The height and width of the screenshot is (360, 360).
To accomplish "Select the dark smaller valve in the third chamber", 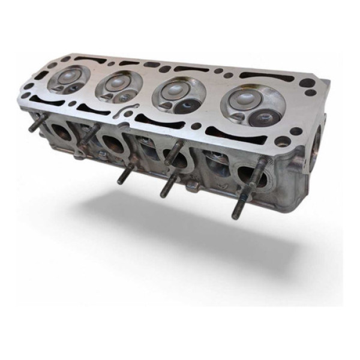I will (191, 105).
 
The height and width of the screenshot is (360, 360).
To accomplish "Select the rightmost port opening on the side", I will (246, 174).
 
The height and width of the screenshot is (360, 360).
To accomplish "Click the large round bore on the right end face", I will (316, 141).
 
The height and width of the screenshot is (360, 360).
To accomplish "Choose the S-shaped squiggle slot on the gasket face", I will (136, 112).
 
